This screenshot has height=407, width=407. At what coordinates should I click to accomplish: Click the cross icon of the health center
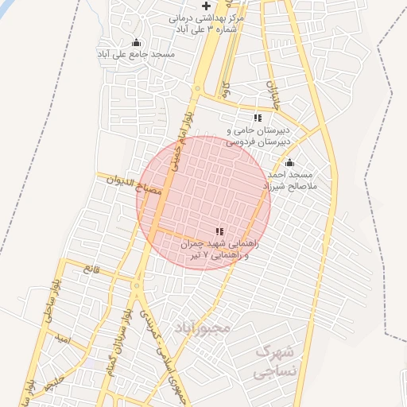[x=207, y=6]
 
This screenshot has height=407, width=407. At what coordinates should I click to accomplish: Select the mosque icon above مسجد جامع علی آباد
[x=136, y=43]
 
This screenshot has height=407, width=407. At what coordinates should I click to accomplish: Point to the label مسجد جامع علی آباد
[x=136, y=54]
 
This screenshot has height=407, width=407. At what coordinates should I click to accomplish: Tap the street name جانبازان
[x=272, y=93]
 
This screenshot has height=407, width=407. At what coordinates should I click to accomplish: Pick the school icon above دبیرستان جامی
[x=257, y=118]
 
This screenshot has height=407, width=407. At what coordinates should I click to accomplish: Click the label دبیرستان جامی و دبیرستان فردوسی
[x=258, y=135]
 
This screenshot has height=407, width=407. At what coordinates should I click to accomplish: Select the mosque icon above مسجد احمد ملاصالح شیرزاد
[x=289, y=163]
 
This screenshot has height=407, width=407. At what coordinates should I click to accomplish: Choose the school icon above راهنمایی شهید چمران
[x=219, y=231]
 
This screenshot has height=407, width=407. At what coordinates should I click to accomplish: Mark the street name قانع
[x=89, y=269]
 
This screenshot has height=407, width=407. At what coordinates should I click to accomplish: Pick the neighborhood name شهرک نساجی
[x=274, y=360]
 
